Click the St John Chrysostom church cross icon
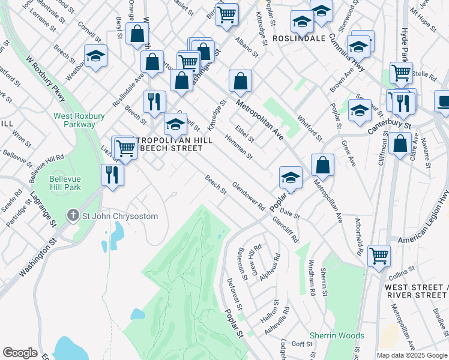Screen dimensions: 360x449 coord(73,214)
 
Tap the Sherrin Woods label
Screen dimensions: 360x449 coord(337,335)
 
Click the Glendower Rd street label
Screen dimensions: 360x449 coord(249,196)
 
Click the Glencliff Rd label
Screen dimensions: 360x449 coord(285,229)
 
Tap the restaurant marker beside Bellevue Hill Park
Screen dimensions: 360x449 coord(112,175)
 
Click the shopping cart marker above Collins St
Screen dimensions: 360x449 coord(379,256)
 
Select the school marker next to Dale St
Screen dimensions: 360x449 coord(291,178)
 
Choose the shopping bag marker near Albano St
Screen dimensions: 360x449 coord(240,81)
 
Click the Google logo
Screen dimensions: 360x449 coord(20,353)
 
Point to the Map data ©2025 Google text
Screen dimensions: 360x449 coord(411,355)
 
